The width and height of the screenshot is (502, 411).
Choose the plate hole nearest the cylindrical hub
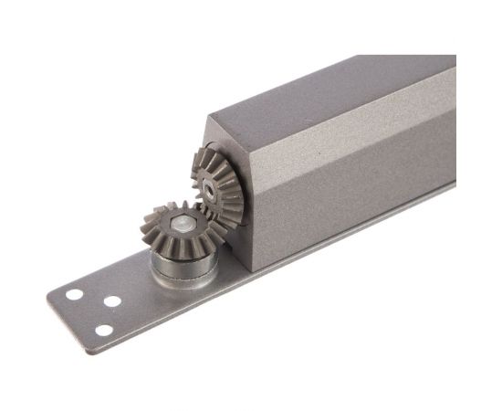(113, 300)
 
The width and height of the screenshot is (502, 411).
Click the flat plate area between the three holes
(96, 309)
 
